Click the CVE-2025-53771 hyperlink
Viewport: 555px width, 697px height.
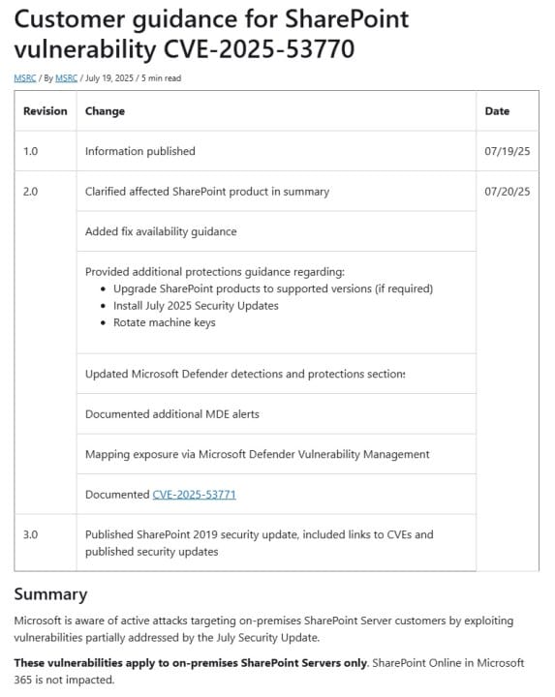point(194,495)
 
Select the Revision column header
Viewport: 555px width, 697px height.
point(46,111)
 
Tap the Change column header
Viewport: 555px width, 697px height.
point(105,111)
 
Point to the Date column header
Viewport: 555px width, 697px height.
point(497,111)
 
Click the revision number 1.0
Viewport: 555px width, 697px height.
point(30,151)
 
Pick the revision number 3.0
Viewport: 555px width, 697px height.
point(30,534)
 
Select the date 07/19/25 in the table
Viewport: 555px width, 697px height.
point(507,151)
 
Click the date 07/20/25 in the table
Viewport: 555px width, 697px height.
point(507,192)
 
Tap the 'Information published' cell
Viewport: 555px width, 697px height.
point(139,151)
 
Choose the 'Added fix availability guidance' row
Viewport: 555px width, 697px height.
point(161,231)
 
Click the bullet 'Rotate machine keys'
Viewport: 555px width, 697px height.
point(164,322)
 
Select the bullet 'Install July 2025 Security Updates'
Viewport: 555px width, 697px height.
point(195,306)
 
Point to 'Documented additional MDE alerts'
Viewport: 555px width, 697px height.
point(171,414)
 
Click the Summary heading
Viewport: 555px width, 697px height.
point(50,594)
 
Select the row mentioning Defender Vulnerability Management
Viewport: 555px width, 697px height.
point(257,454)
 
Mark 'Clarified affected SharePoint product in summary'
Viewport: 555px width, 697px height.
point(206,192)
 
